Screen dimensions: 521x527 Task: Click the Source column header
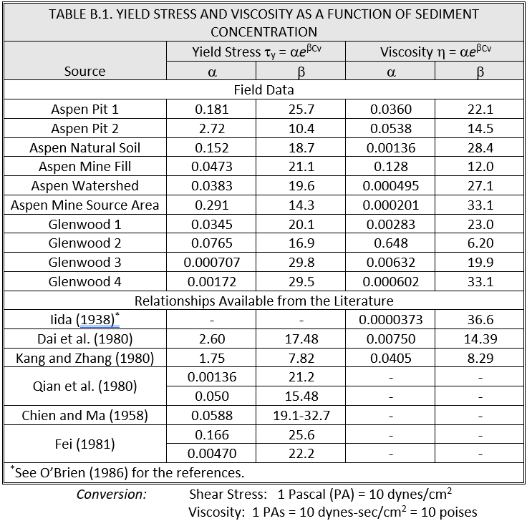84,71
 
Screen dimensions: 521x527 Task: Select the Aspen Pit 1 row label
84,109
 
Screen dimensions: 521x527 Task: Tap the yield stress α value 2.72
211,129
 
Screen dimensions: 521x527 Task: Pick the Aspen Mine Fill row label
84,167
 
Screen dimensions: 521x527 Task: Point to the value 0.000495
390,186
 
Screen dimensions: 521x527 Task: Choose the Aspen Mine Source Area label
84,205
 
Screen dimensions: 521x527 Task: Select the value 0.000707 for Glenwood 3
211,263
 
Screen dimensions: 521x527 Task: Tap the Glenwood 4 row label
84,282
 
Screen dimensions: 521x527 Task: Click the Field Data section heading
263,90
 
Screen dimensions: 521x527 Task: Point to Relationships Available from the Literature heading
263,301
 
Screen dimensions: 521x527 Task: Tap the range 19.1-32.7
301,416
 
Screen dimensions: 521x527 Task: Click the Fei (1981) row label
84,444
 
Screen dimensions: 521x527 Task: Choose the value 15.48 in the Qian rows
301,396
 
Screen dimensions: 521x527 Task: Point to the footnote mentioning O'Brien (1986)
126,472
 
